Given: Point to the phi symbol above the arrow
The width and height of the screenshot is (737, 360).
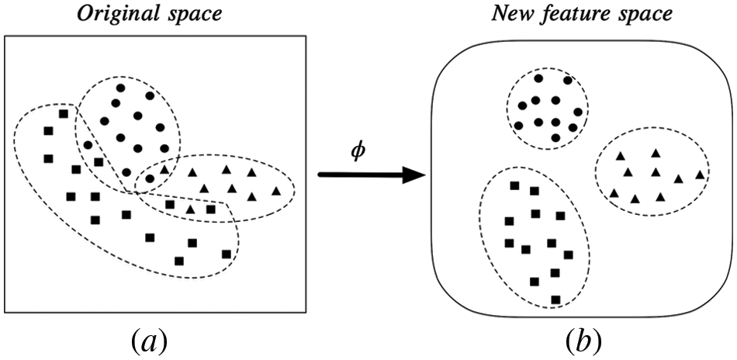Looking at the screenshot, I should [x=358, y=151].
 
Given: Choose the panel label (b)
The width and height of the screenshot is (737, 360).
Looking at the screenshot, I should [x=583, y=339].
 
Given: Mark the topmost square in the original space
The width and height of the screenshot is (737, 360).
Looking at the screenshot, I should [x=64, y=114].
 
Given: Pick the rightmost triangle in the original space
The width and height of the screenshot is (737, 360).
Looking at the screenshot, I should [x=275, y=191].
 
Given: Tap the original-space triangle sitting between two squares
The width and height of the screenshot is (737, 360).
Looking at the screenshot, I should [x=191, y=209].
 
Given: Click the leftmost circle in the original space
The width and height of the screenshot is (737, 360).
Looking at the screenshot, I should [x=88, y=145].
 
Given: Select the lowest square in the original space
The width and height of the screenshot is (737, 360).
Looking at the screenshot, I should [x=179, y=261].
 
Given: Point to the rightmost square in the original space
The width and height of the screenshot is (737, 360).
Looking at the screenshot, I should [x=226, y=254].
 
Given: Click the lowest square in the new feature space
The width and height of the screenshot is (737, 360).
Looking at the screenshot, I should [x=555, y=299].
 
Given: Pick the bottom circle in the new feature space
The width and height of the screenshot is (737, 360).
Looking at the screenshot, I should [x=555, y=137].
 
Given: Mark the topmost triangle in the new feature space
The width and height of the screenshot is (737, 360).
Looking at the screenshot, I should [x=656, y=153].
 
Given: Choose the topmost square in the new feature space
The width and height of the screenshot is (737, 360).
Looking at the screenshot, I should [x=514, y=185].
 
